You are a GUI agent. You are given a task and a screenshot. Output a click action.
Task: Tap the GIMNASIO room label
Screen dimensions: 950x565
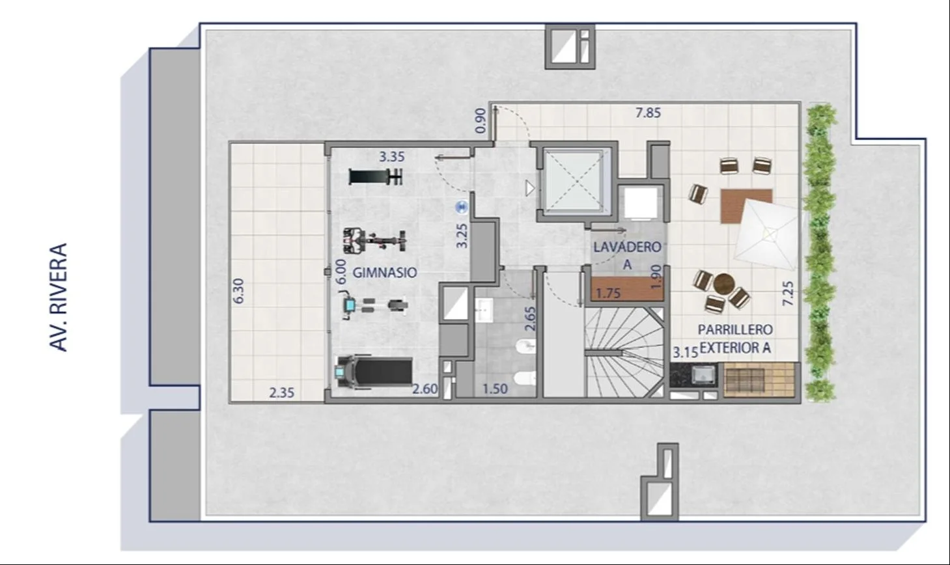[x=385, y=273]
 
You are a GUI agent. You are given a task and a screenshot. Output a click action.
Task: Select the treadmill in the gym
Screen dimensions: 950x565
[x=374, y=372]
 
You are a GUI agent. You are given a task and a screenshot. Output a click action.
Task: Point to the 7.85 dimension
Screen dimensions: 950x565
[x=648, y=113]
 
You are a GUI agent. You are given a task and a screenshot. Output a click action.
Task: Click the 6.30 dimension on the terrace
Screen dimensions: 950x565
[x=239, y=291]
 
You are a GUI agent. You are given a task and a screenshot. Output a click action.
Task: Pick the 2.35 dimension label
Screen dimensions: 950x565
[x=281, y=393]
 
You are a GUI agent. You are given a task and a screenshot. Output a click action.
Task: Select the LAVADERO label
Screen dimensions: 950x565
[x=627, y=247]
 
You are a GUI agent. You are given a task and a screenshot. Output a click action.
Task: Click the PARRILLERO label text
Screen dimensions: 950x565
[x=735, y=329]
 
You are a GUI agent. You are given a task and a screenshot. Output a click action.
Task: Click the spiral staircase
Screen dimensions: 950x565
[x=624, y=352]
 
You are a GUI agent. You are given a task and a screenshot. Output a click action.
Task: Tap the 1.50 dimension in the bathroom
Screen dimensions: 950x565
[x=495, y=389]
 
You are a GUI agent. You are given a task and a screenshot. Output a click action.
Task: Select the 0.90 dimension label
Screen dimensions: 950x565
[x=481, y=121]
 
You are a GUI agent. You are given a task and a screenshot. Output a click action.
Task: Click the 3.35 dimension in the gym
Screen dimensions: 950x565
[x=392, y=157]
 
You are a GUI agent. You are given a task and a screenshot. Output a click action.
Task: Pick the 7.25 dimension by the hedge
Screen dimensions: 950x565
[x=788, y=294]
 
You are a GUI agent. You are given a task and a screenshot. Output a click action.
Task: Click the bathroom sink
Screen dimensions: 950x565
[x=483, y=310]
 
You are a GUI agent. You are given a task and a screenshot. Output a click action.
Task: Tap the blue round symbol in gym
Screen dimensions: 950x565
[x=462, y=207]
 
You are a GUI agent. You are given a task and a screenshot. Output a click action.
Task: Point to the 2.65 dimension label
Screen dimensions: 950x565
[x=530, y=318]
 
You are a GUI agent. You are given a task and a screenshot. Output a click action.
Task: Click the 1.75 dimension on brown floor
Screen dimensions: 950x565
[x=608, y=293]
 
